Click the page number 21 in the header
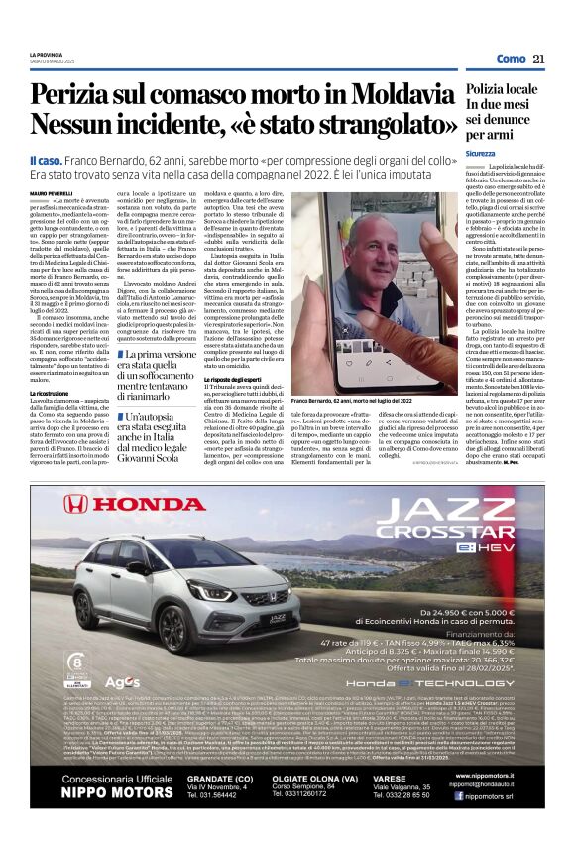pyautogui.click(x=539, y=60)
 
